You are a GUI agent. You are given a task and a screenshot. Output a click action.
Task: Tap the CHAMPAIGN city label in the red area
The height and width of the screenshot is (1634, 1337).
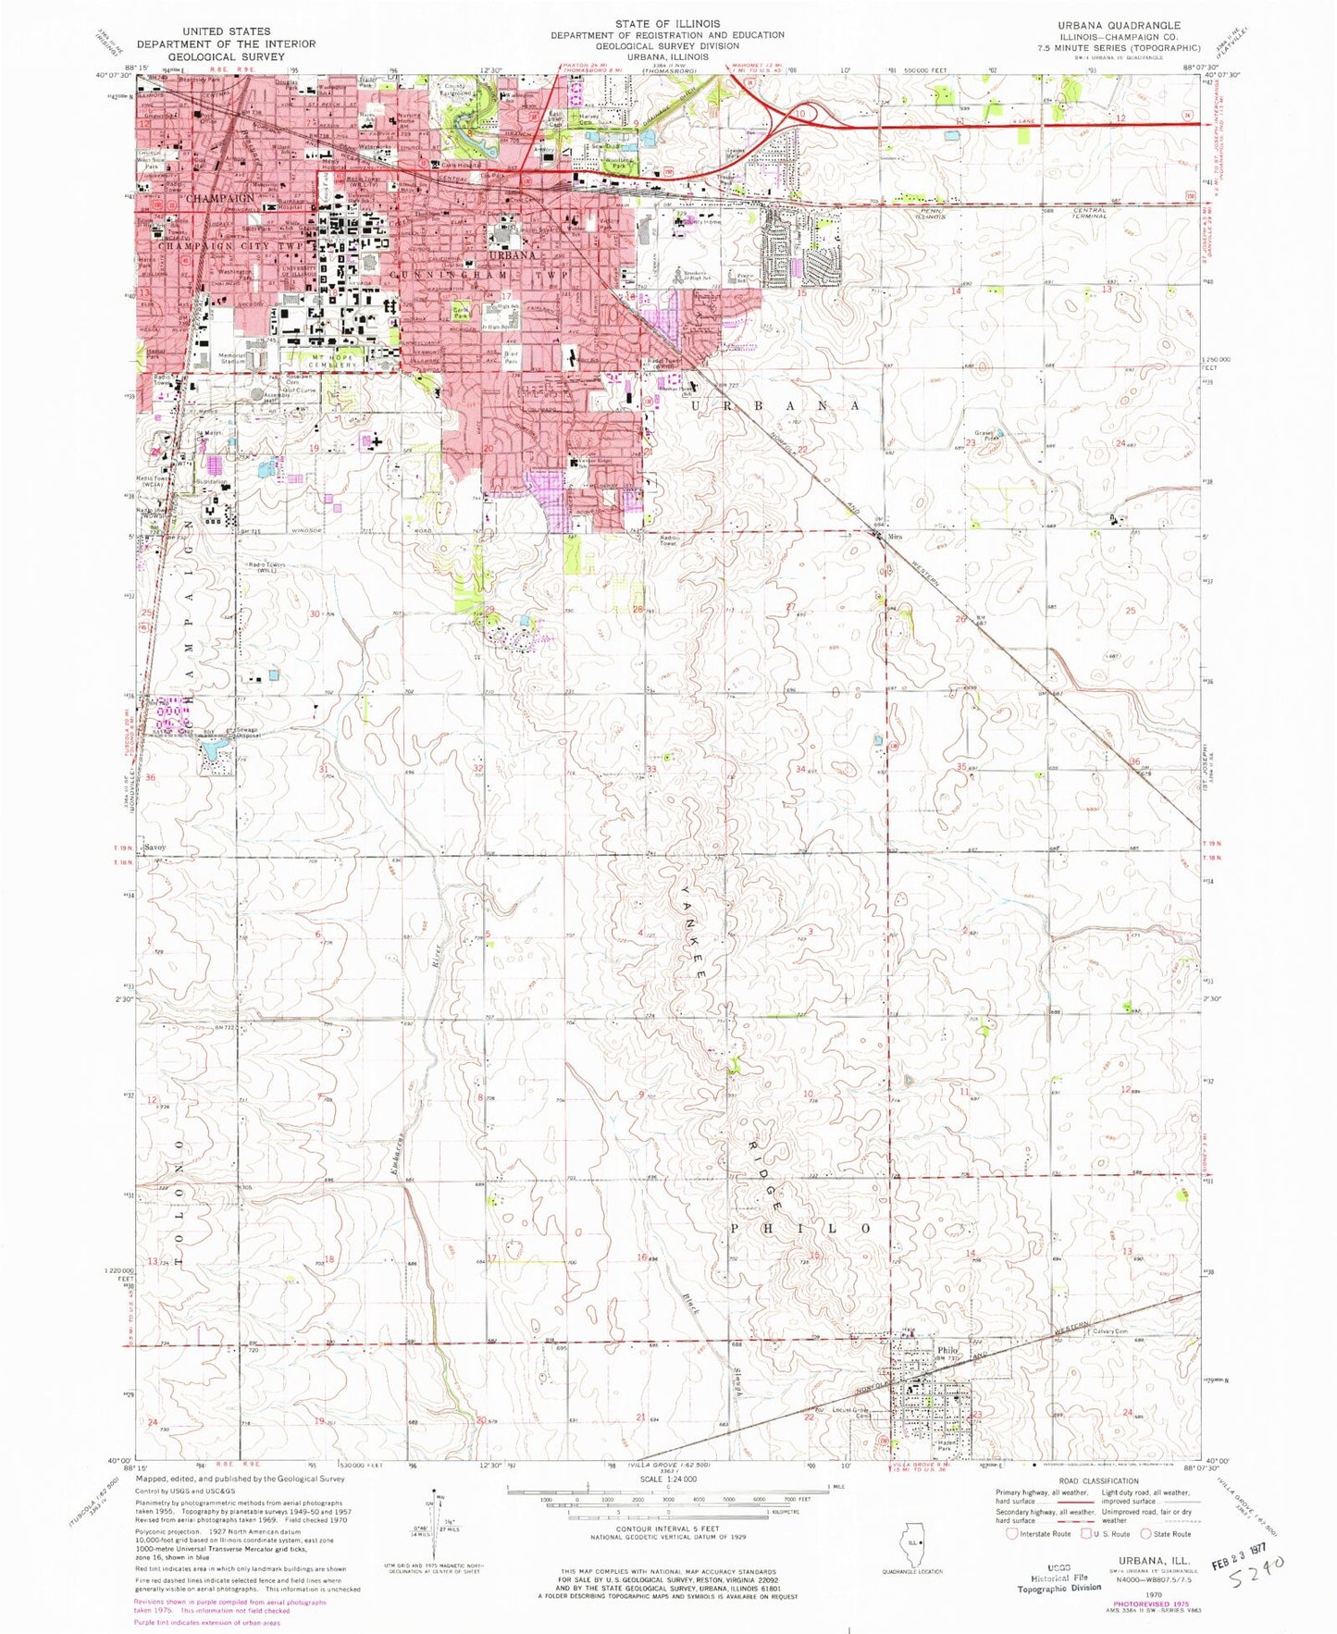[221, 198]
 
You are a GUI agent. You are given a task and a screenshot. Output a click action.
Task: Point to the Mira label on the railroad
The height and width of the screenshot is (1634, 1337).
[895, 537]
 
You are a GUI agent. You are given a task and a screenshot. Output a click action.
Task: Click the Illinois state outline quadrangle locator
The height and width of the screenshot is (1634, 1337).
[913, 1542]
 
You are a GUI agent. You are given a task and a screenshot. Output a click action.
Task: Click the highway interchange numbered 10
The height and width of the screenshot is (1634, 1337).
[798, 113]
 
